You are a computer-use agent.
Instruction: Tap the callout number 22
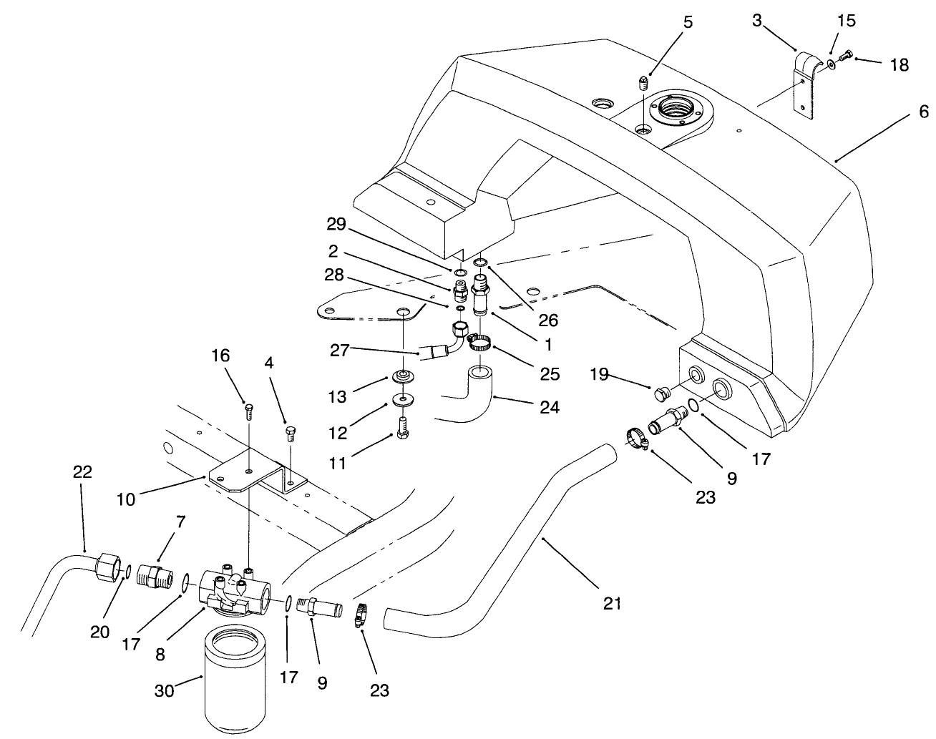(x=83, y=472)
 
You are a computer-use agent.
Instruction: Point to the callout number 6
(x=923, y=112)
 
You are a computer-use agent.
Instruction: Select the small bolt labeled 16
(x=248, y=411)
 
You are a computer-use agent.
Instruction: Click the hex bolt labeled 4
(x=291, y=433)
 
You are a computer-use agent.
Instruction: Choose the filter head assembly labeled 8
(x=234, y=589)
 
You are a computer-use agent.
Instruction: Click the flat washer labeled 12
(x=404, y=398)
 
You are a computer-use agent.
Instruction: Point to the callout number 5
(x=688, y=21)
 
